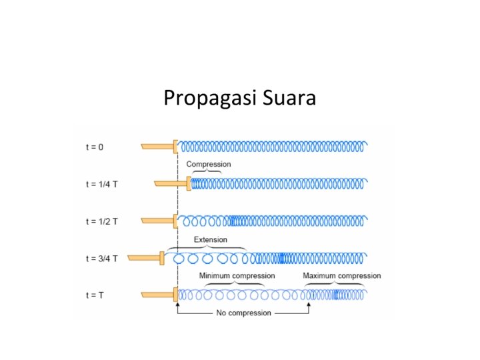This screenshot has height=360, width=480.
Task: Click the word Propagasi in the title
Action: [201, 99]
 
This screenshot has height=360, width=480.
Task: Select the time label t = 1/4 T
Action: [103, 183]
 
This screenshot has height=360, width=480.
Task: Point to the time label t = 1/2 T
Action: [103, 221]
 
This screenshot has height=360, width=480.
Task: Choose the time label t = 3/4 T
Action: [103, 257]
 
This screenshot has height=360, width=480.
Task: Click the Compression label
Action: [209, 164]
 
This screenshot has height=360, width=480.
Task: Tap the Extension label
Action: [210, 239]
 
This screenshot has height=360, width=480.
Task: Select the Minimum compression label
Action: [237, 275]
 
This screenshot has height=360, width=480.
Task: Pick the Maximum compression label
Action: [342, 275]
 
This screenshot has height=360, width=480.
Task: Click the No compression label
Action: [244, 313]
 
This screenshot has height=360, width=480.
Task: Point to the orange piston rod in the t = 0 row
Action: [157, 146]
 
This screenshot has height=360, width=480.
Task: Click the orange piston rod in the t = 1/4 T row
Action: [171, 183]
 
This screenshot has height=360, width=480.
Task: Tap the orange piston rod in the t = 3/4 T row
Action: [144, 257]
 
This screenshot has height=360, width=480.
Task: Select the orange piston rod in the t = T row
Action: [157, 294]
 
